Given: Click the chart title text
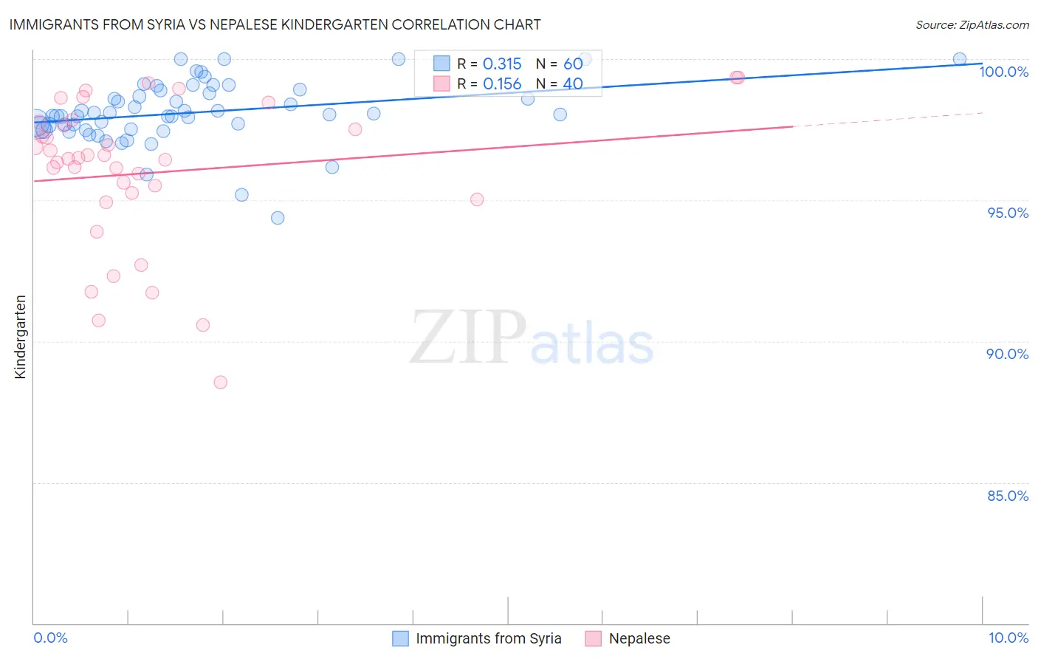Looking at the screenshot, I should click(275, 24).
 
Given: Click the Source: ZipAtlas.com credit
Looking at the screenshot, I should click(972, 24).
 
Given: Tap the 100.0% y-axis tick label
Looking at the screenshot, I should click(1003, 72).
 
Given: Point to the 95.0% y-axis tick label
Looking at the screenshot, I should click(1007, 213).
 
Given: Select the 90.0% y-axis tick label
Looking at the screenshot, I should click(1007, 354).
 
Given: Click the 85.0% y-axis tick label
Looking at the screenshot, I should click(1007, 496).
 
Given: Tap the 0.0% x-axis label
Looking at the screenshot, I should click(50, 638).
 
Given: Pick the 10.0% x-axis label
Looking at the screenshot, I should click(1008, 638).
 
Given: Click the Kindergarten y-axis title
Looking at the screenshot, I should click(20, 337).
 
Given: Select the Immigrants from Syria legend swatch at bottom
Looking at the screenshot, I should click(400, 639).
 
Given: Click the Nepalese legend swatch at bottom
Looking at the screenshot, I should click(593, 639).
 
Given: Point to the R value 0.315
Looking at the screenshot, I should click(502, 64).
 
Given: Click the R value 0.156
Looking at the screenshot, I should click(502, 84).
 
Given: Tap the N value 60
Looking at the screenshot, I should click(573, 64).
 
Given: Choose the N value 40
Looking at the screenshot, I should click(573, 84).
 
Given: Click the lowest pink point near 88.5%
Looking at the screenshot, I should click(220, 383).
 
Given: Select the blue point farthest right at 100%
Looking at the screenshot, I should click(959, 59).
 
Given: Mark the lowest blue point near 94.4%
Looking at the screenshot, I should click(278, 218).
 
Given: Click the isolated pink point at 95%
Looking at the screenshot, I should click(477, 199).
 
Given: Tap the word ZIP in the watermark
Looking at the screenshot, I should click(468, 338).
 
